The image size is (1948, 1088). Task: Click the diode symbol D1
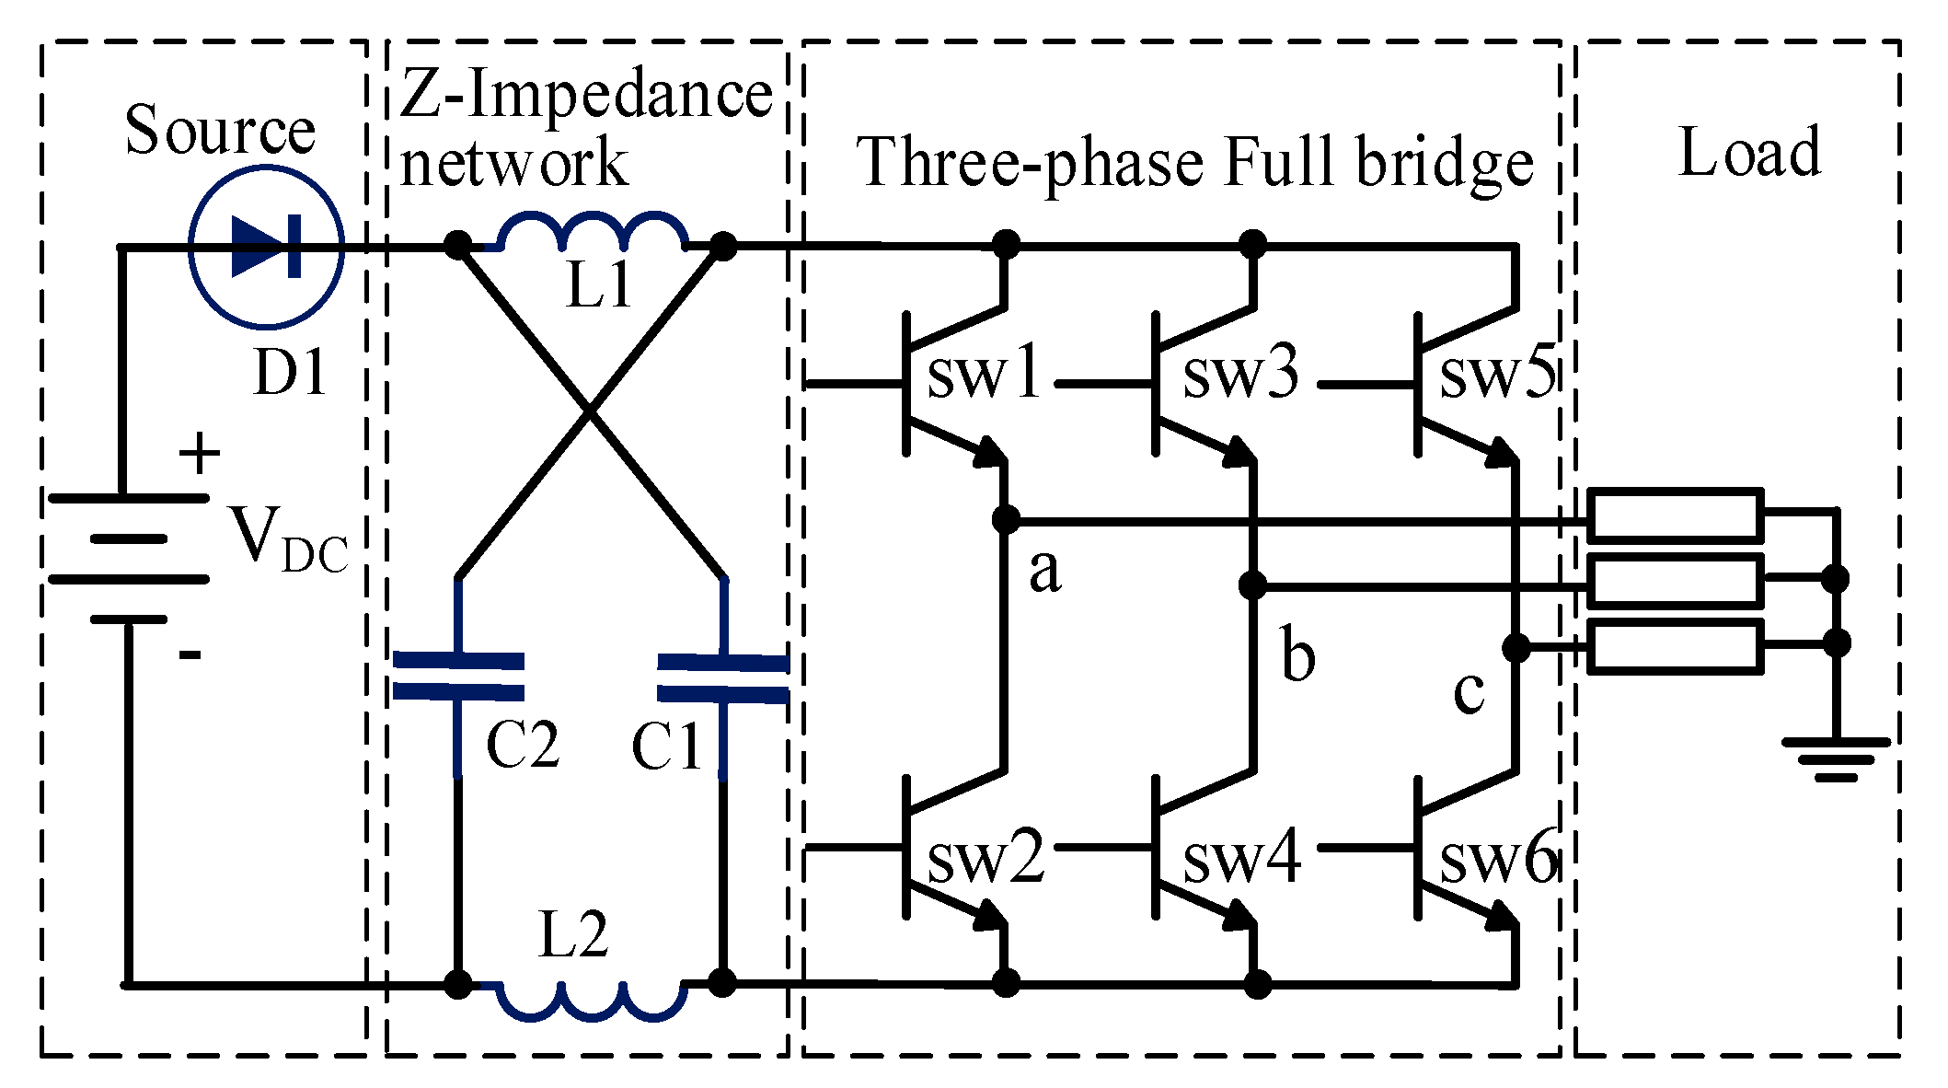pyautogui.click(x=267, y=247)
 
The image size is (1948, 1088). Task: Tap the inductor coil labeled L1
pyautogui.click(x=591, y=234)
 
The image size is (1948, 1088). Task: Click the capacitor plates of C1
pyautogui.click(x=723, y=678)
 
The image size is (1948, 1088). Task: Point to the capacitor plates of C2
pyautogui.click(x=458, y=677)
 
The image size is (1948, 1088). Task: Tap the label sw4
pyautogui.click(x=1241, y=857)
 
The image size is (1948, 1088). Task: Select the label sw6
pyautogui.click(x=1498, y=857)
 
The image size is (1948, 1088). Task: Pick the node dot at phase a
pyautogui.click(x=1007, y=520)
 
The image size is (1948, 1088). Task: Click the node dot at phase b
pyautogui.click(x=1253, y=585)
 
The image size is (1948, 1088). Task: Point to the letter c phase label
pyautogui.click(x=1469, y=691)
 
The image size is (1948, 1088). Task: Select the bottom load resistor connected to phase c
pyautogui.click(x=1675, y=647)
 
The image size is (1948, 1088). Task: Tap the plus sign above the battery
pyautogui.click(x=200, y=455)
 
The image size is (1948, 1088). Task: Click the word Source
pyautogui.click(x=220, y=130)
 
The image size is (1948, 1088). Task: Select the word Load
pyautogui.click(x=1749, y=152)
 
